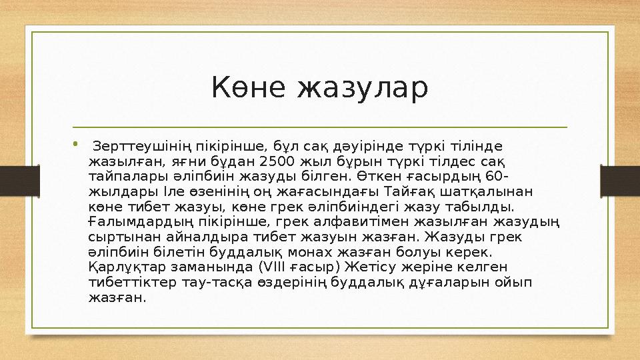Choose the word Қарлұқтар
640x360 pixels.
point(122,267)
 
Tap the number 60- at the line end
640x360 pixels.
point(496,176)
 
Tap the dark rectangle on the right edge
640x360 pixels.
point(620,180)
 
